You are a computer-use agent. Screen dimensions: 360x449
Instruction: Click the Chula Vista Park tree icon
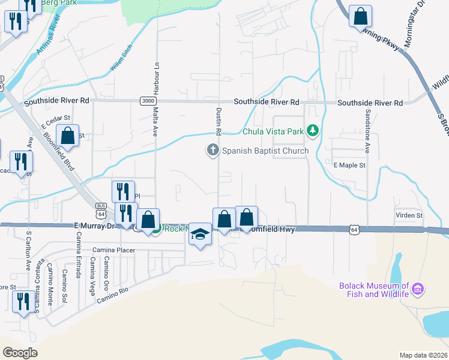pos(312,131)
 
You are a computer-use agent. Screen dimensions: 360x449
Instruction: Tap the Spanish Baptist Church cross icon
pos(212,150)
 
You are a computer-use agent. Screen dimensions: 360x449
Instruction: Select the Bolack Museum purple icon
pos(418,290)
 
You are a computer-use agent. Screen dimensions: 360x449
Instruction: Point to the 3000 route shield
pos(148,101)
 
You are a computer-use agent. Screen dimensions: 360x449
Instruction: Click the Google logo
pos(20,353)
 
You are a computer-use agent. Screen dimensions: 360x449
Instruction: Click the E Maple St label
pos(349,164)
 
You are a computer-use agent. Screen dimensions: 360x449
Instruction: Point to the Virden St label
pos(409,215)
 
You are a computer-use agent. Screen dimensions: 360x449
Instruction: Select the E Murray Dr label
pos(94,226)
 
